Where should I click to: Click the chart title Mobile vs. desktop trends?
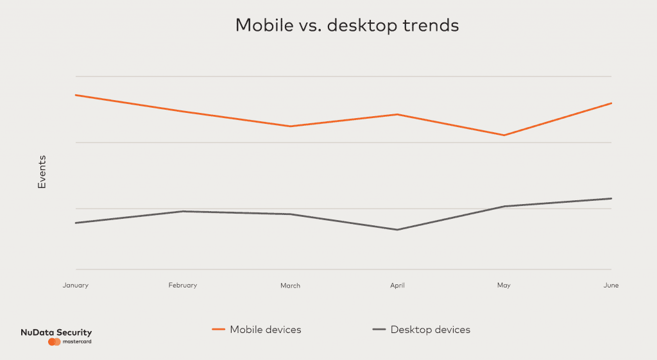(347, 26)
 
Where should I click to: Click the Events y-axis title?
(42, 171)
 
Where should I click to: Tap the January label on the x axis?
(76, 285)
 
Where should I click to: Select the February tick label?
(183, 285)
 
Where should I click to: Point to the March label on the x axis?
(290, 286)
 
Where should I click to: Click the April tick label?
(397, 286)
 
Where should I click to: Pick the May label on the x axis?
(504, 286)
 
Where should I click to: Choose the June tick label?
(611, 285)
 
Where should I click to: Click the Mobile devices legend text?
(265, 330)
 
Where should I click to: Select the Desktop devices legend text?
(430, 330)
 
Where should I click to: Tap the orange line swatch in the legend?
(218, 330)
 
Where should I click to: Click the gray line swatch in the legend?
(379, 330)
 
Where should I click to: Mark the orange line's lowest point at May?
(504, 135)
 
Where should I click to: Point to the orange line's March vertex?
(290, 126)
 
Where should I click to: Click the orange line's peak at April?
(397, 114)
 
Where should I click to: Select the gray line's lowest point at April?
(397, 230)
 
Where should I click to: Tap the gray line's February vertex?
(183, 211)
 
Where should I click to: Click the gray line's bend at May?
(504, 207)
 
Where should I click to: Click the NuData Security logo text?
(56, 332)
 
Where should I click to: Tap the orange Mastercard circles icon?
(54, 342)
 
